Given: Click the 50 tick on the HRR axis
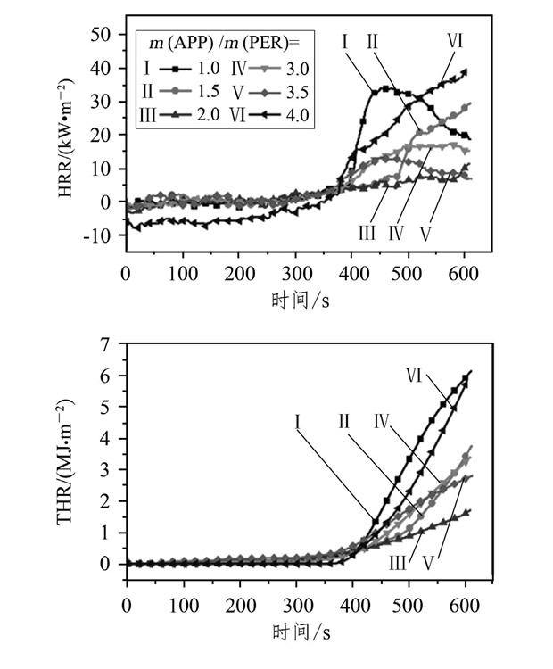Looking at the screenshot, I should (107, 34).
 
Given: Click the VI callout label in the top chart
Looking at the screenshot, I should (456, 39).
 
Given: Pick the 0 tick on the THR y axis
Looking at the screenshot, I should (112, 565).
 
